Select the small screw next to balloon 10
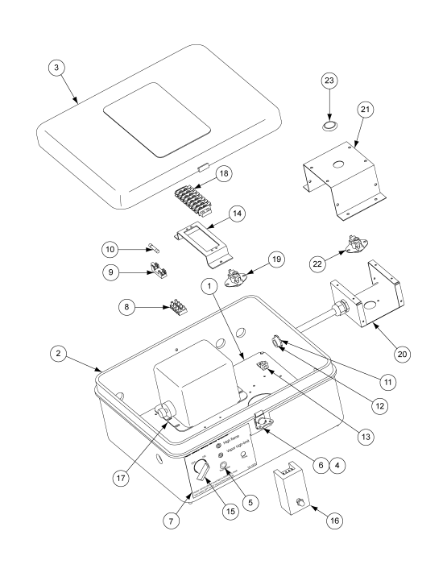click(152, 248)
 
